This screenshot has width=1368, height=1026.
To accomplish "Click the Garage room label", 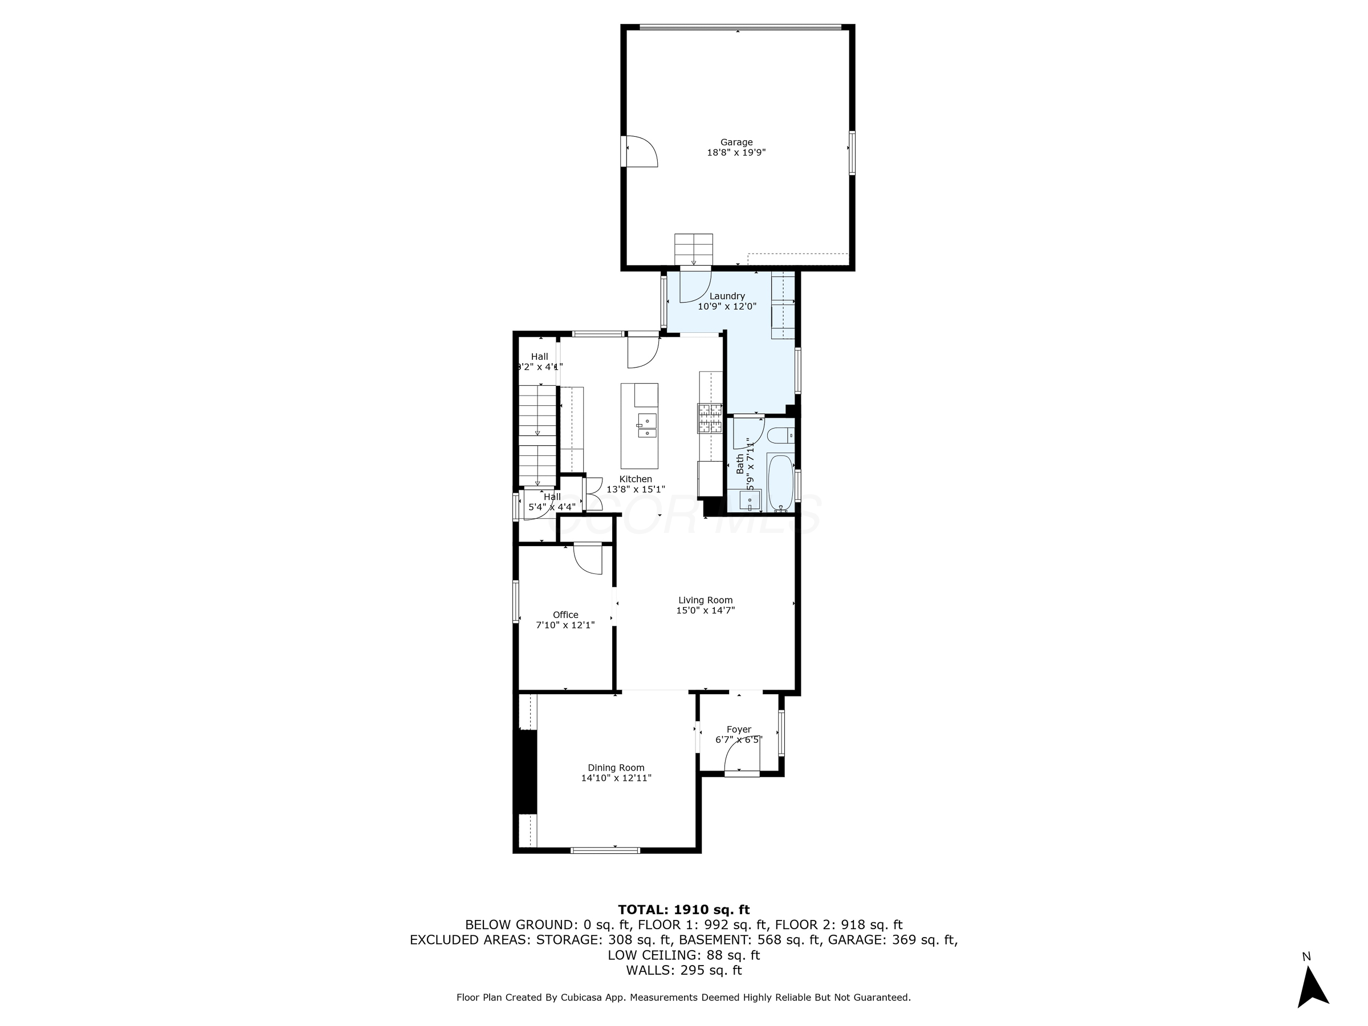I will tap(736, 142).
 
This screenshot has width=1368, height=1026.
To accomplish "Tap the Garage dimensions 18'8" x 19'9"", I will tap(736, 153).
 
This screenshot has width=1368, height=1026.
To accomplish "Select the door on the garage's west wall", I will tap(641, 152).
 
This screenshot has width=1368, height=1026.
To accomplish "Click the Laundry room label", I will tap(727, 296).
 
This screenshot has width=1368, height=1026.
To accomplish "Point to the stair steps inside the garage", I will tap(693, 249).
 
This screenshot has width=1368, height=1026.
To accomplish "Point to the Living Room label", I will tap(705, 600).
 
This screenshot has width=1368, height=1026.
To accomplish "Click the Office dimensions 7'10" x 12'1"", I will tap(565, 625).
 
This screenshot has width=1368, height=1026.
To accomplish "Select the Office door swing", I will tap(588, 559).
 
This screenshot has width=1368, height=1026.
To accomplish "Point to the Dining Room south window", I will tap(605, 850).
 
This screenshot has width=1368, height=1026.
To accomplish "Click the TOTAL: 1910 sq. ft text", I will tap(683, 910).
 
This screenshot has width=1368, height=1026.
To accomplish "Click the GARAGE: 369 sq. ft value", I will tap(893, 940).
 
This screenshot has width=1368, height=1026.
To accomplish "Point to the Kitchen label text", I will tap(636, 479).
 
